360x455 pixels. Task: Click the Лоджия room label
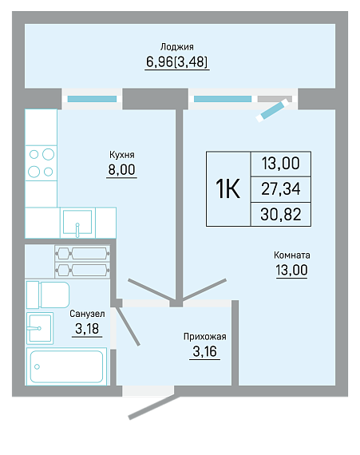pos(177,47)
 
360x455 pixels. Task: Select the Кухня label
pos(122,155)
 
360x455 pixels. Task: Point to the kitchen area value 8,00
pos(121,169)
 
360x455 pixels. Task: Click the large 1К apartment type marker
pos(227,188)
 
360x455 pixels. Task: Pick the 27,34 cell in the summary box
pos(280,189)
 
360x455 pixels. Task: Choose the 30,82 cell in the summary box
pos(280,215)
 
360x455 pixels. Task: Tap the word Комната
pos(292,255)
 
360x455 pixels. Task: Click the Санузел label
pos(87,314)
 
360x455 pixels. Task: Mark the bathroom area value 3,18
pos(87,329)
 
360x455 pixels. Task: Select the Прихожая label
pos(205,337)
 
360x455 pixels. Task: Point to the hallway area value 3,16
pos(205,351)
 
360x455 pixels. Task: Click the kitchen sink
pos(77,223)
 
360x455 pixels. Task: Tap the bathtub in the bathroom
pos(66,366)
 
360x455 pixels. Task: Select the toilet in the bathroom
pos(48,295)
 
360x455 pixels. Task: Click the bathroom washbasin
pos(40,328)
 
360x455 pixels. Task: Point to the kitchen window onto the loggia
pos(92,99)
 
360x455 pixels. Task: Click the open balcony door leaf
pos(273,110)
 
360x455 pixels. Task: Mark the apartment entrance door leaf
pos(154,407)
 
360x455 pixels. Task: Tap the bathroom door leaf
pos(128,326)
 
